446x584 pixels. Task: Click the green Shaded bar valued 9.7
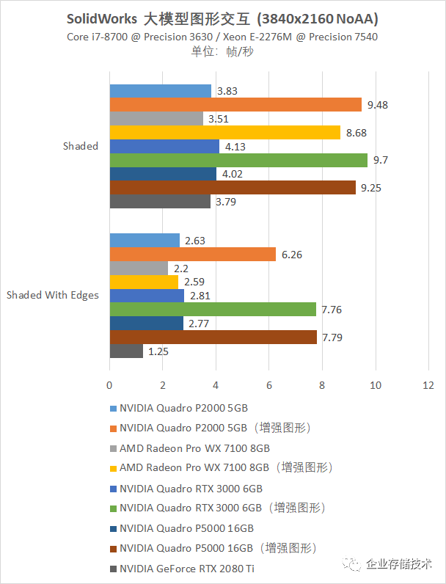pyautogui.click(x=238, y=160)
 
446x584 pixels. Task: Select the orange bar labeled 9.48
pyautogui.click(x=235, y=104)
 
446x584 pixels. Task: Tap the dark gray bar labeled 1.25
pyautogui.click(x=126, y=351)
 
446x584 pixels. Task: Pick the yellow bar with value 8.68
pyautogui.click(x=225, y=132)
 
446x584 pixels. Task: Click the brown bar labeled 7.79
pyautogui.click(x=213, y=337)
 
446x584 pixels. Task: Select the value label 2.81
pyautogui.click(x=200, y=296)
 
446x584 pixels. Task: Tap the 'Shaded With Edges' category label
pyautogui.click(x=53, y=296)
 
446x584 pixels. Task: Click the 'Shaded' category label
pyautogui.click(x=81, y=146)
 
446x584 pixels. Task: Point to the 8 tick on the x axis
pyautogui.click(x=322, y=384)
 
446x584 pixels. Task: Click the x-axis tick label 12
pyautogui.click(x=428, y=384)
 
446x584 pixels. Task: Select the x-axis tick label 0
pyautogui.click(x=109, y=384)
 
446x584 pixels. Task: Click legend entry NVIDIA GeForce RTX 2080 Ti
pyautogui.click(x=186, y=568)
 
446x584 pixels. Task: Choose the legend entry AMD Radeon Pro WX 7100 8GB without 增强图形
pyautogui.click(x=194, y=448)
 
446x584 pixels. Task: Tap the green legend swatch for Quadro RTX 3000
pyautogui.click(x=113, y=508)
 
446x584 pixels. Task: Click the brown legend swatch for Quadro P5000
pyautogui.click(x=113, y=548)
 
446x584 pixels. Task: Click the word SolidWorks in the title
pyautogui.click(x=103, y=18)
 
